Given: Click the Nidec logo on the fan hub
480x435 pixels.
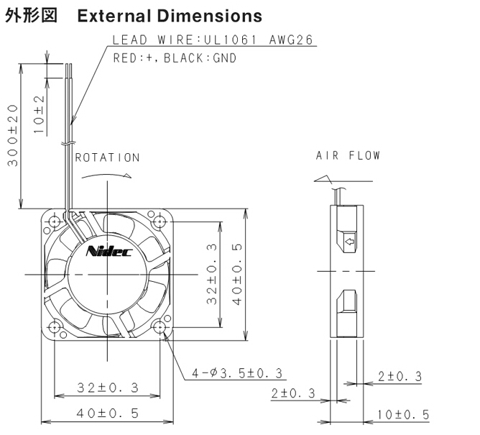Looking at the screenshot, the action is (x=109, y=251).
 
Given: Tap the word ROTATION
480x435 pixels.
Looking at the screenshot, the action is (x=108, y=157).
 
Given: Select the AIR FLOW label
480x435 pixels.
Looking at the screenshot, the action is (x=348, y=155).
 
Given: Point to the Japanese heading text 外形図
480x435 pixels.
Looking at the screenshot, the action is (x=31, y=15).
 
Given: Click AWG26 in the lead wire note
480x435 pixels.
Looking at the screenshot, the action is (x=291, y=40).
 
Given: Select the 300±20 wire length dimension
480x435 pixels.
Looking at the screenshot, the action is (x=13, y=135).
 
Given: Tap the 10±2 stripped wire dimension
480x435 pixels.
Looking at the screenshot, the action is (x=40, y=114).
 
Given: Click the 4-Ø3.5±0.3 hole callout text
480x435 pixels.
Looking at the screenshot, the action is (x=237, y=373).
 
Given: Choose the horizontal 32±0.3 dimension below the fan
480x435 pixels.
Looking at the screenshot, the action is (x=108, y=388).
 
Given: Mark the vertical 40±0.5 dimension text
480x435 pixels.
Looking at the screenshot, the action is (x=237, y=275).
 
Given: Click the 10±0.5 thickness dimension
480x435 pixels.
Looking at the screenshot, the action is (x=403, y=415).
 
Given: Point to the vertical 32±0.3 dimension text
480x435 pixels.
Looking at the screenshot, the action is (x=211, y=274).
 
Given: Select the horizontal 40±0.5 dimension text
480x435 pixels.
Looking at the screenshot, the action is (x=108, y=413).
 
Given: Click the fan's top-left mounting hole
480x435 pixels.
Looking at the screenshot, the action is (x=55, y=221).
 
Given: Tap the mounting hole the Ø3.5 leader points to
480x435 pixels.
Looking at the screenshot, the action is (x=160, y=327).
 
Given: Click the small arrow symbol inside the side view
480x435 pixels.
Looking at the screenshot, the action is (x=350, y=242).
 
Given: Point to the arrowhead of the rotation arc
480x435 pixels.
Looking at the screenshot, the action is (x=128, y=176).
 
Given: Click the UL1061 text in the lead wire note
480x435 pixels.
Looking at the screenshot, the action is (x=230, y=40).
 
